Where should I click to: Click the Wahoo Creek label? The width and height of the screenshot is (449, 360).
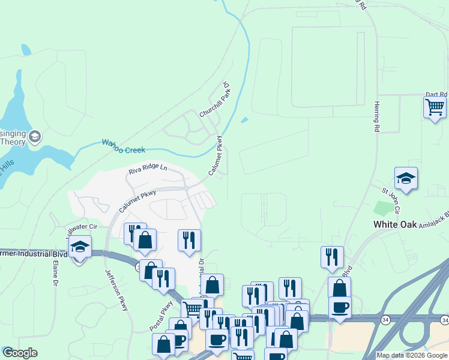pyautogui.click(x=123, y=144)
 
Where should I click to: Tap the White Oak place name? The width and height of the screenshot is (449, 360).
pyautogui.click(x=395, y=224)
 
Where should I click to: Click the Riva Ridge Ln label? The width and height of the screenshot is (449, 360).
pyautogui.click(x=148, y=170)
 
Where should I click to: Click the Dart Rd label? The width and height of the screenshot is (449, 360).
pyautogui.click(x=436, y=95)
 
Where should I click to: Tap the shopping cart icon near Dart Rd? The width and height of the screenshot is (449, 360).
pyautogui.click(x=435, y=108)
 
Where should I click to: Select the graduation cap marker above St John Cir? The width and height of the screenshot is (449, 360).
pyautogui.click(x=406, y=178)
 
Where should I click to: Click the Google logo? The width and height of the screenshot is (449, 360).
pyautogui.click(x=20, y=353)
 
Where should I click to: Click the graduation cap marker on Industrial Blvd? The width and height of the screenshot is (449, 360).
pyautogui.click(x=79, y=247)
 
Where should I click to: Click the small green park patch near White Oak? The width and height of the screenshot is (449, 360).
pyautogui.click(x=382, y=208)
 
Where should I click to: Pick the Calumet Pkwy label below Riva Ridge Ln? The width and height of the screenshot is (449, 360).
pyautogui.click(x=137, y=200)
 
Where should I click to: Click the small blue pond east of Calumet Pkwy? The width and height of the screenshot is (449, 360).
pyautogui.click(x=243, y=120)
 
